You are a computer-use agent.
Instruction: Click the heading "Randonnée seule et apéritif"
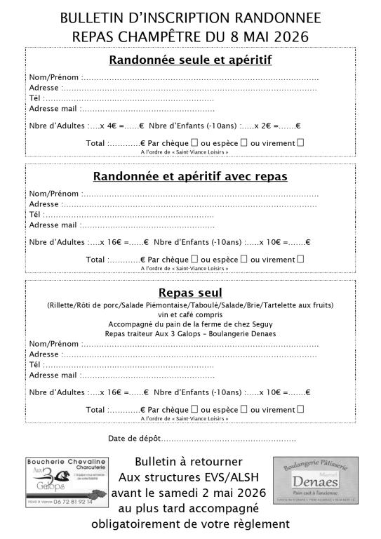point(190,60)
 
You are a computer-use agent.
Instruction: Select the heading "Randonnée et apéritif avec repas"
point(190,176)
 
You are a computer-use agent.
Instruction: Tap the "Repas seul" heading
point(190,292)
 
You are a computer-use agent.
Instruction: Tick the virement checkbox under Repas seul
point(301,409)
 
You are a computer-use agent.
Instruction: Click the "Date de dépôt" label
point(134,439)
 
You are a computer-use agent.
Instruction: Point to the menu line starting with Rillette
point(190,305)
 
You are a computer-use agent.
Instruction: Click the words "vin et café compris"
point(190,314)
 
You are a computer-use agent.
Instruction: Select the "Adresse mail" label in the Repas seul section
point(53,375)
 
